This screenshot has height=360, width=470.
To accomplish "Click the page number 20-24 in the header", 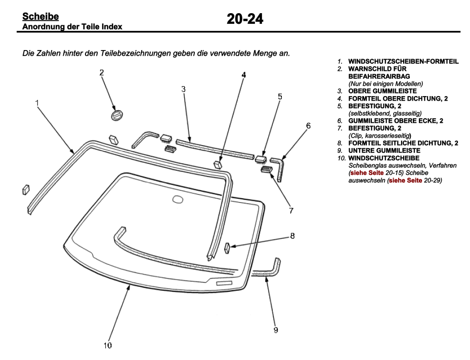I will [245, 19].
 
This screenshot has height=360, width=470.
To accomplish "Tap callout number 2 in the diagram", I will [102, 73].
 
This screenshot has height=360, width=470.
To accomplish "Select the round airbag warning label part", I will [117, 115].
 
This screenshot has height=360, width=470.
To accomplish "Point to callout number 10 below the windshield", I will [107, 345].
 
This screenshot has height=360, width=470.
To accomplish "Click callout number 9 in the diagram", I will [276, 330].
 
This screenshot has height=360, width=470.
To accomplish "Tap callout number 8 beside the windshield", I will [292, 236].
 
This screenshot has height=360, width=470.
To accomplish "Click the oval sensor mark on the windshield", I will [178, 199].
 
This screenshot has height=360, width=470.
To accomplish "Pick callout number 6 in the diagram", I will [308, 125].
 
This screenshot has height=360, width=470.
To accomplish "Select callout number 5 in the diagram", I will [280, 97].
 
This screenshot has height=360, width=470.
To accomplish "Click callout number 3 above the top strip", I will [183, 89].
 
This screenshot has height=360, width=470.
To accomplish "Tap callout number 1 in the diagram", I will [37, 103].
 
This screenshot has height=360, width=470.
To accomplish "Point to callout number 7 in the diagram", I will [291, 211].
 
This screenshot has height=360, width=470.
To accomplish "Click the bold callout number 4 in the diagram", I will [243, 75].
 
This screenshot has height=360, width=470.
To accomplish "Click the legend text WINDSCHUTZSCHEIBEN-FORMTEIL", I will [403, 62].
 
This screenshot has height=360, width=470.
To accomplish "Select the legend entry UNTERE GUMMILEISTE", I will [384, 151].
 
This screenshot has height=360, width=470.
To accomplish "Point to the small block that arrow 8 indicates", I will [227, 247].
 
